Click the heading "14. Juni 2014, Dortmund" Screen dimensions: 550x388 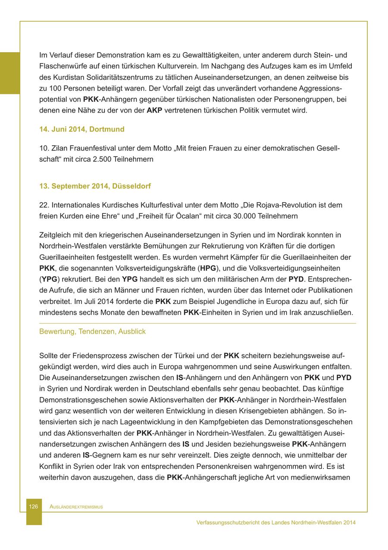pyautogui.click(x=82, y=129)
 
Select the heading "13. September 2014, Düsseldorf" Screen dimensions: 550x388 pyautogui.click(x=95, y=186)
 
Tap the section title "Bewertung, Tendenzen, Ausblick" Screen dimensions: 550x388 pyautogui.click(x=92, y=331)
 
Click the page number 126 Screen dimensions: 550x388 pyautogui.click(x=34, y=506)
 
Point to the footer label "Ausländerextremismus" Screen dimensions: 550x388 pyautogui.click(x=76, y=507)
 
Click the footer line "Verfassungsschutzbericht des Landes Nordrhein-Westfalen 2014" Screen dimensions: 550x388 pyautogui.click(x=276, y=522)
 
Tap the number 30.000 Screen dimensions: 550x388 pyautogui.click(x=245, y=216)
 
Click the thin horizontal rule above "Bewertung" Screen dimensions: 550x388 pyautogui.click(x=197, y=323)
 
